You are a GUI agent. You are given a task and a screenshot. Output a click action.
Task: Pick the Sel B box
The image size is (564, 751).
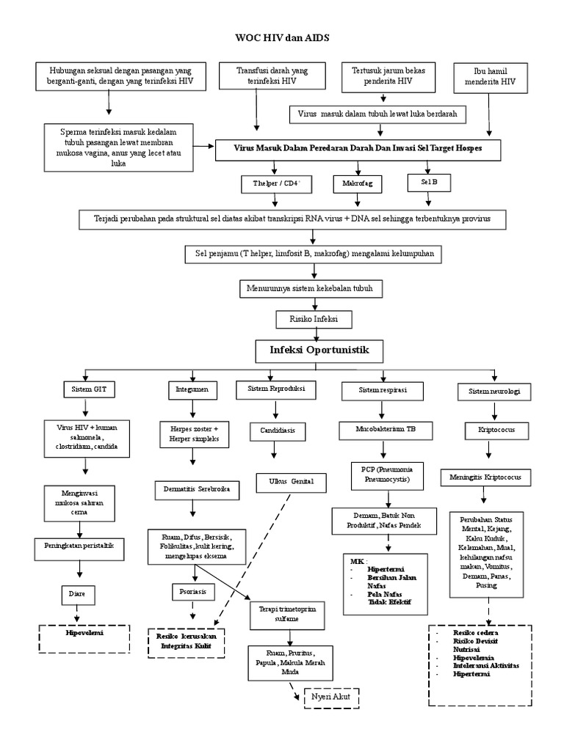point(430,180)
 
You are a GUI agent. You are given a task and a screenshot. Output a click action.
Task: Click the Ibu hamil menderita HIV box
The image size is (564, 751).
point(490,77)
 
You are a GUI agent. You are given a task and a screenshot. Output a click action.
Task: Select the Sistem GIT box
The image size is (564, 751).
point(89,389)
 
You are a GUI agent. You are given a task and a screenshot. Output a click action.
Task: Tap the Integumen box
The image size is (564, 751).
point(192,389)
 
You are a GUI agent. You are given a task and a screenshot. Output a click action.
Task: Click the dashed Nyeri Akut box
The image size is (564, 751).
point(330,697)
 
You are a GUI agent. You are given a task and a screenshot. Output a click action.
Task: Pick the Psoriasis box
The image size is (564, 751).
point(192,589)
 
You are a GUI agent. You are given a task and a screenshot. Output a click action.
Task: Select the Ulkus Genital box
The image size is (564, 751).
point(284,482)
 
